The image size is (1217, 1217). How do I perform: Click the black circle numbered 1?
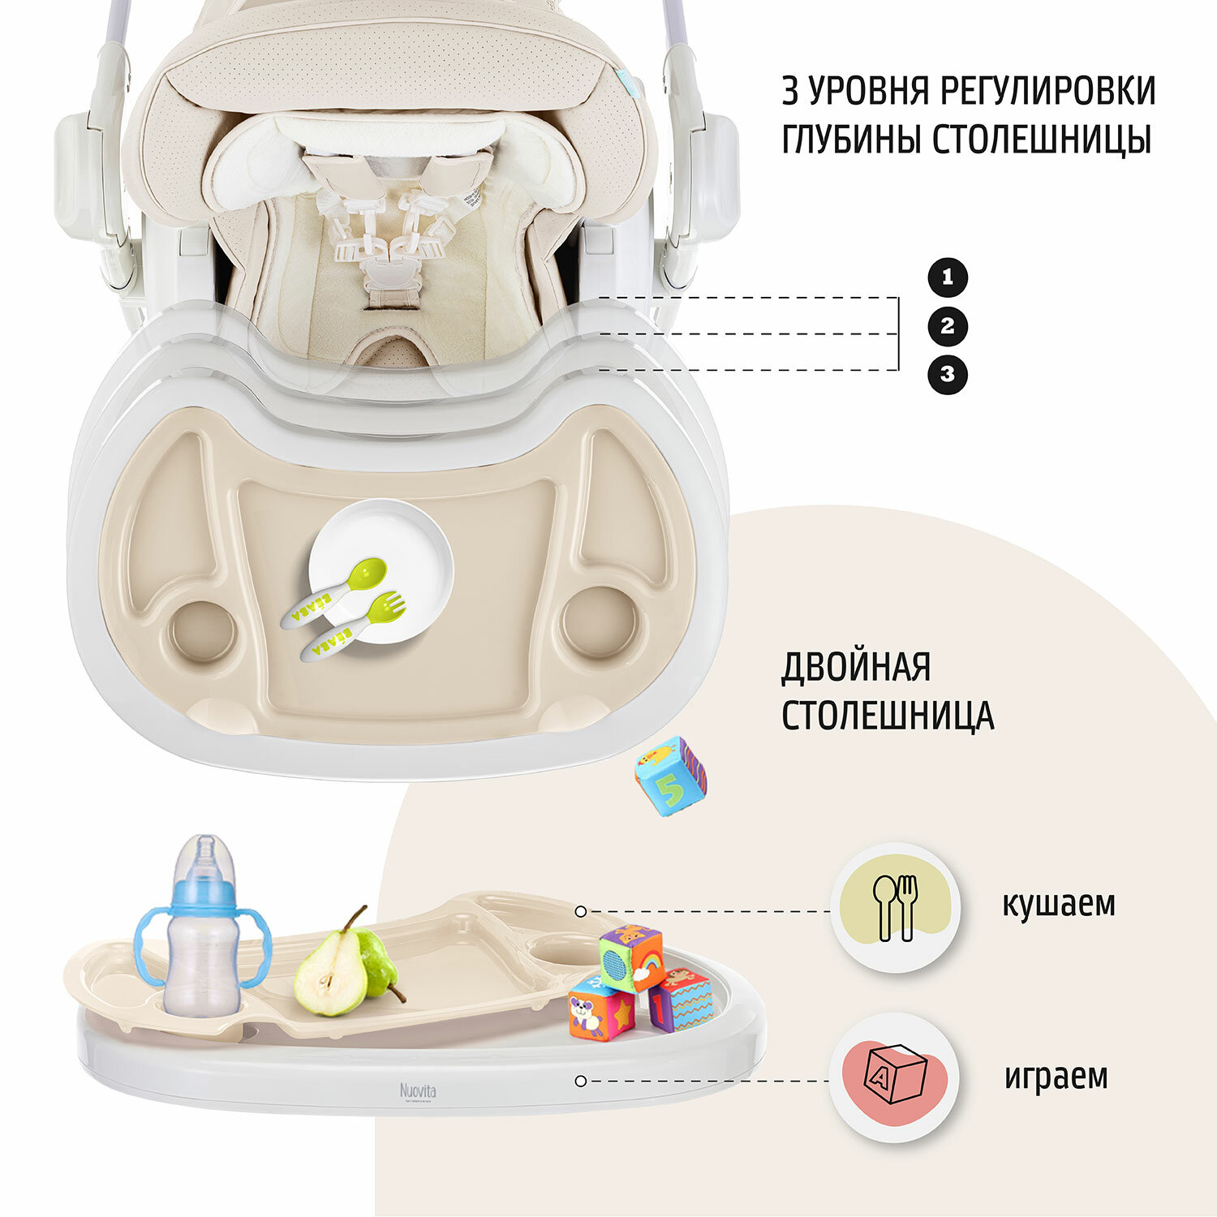948,277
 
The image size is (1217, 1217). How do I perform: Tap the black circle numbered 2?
948,326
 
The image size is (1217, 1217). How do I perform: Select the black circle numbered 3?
948,375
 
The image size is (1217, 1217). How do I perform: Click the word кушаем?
1058,904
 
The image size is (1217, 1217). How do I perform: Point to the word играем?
1056,1077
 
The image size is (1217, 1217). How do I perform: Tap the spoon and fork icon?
895,908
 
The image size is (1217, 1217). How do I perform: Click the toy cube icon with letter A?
895,1074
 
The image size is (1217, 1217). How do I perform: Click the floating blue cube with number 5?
670,776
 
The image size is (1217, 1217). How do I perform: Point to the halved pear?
329,974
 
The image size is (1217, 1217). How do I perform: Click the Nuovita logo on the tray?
418,1090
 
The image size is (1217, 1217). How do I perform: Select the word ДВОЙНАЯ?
856,668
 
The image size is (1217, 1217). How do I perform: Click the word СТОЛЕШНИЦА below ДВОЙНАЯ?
888,716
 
